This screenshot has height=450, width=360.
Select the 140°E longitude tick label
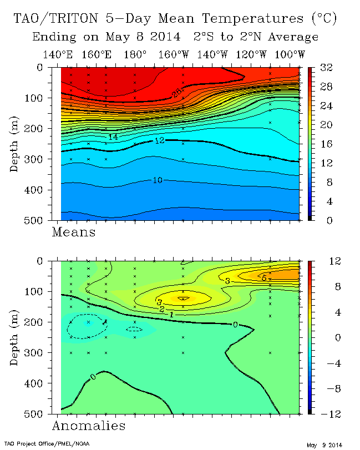pos(57,54)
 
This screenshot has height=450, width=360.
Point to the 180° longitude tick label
pos(135,54)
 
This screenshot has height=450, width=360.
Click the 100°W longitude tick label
pos(290,54)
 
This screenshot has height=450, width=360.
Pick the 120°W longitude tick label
pos(251,54)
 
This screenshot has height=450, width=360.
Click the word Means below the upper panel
pos(73,231)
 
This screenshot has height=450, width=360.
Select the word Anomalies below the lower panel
pos(88,426)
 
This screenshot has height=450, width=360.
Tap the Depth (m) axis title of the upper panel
pos(15,144)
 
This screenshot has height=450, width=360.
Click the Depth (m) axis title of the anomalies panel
pos(15,337)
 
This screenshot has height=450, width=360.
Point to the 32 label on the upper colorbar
pos(326,68)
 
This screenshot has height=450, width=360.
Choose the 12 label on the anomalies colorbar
pos(326,261)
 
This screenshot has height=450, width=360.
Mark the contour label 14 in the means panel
pos(113,136)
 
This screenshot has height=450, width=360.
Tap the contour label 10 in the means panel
pos(157,180)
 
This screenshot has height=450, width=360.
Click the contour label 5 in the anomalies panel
pos(264,276)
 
